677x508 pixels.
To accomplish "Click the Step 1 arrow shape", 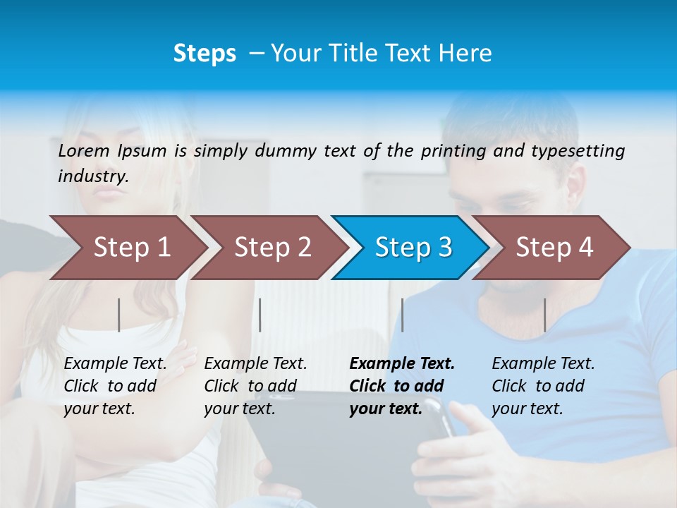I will point(130,248).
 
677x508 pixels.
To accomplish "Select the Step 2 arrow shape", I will point(272,248).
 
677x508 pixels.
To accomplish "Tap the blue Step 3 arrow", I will point(413,248).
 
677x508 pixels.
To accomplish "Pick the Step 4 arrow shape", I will point(554,248).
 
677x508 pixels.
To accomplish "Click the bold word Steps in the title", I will point(205,54).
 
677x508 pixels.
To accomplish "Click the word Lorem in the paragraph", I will point(83,150).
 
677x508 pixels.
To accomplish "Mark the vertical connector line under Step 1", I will point(119,315).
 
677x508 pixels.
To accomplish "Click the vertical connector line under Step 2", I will point(260,315).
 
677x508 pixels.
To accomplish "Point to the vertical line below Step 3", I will point(403,315).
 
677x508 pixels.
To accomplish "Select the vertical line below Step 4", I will point(544,315).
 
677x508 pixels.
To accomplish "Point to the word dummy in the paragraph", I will point(286,150).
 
